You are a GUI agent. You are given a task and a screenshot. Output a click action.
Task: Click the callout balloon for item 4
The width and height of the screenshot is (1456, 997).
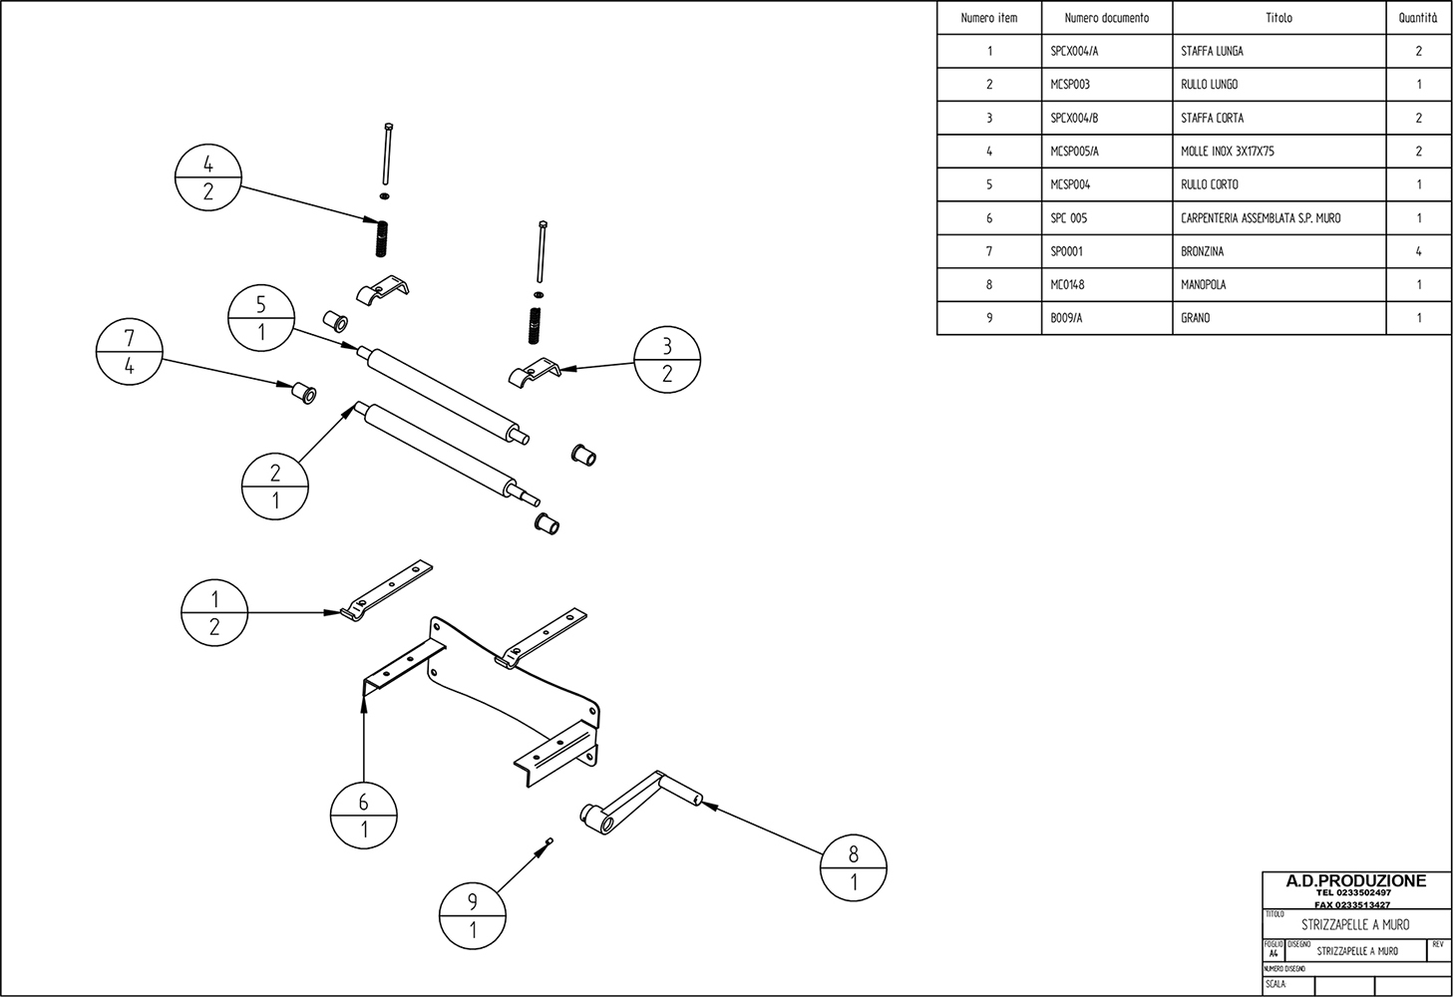207,177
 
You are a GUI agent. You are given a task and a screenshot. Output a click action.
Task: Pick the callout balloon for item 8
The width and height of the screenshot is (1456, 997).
854,868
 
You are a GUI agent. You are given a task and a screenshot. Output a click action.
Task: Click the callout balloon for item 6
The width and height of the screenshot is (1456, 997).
364,816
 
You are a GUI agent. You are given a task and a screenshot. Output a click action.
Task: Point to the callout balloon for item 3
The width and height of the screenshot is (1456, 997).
667,360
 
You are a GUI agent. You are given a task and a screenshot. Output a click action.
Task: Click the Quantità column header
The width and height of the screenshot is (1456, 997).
1418,18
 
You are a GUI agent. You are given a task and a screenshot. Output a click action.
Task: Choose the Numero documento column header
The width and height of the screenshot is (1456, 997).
1106,18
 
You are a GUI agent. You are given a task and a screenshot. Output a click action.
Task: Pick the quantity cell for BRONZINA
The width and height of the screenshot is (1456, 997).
1418,251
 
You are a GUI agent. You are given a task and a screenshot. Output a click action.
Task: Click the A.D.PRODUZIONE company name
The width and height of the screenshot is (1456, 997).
1356,880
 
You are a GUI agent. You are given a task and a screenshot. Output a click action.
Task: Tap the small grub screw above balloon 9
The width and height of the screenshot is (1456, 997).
548,843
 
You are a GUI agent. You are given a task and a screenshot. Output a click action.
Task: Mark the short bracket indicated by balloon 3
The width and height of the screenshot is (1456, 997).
532,374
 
